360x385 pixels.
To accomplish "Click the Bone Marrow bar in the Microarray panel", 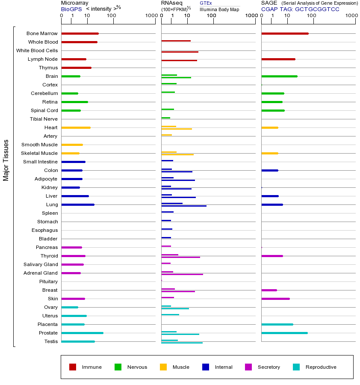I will click(80, 33).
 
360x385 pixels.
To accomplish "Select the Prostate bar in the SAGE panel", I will click(284, 333).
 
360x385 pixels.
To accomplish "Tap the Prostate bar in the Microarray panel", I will click(82, 333).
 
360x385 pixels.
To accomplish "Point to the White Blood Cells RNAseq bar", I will click(180, 52).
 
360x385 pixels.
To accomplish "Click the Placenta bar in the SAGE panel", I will click(277, 324).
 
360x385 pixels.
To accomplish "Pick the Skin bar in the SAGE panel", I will click(275, 299).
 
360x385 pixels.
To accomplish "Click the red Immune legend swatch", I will click(73, 367).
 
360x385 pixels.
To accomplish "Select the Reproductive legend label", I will click(321, 367).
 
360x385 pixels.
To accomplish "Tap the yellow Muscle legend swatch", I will click(163, 367).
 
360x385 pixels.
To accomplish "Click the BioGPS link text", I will click(71, 9).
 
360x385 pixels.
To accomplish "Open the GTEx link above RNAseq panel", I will click(206, 3).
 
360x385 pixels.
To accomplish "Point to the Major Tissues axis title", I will click(6, 160).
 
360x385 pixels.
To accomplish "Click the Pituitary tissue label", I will click(48, 281).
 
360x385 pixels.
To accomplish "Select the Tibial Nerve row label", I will click(44, 119).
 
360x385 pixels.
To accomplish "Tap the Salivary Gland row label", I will click(41, 264).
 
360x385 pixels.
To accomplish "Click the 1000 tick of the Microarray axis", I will click(150, 16).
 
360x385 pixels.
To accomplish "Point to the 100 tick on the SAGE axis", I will click(312, 16).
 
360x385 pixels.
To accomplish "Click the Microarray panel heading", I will click(75, 3).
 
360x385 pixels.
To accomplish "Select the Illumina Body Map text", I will click(219, 9).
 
